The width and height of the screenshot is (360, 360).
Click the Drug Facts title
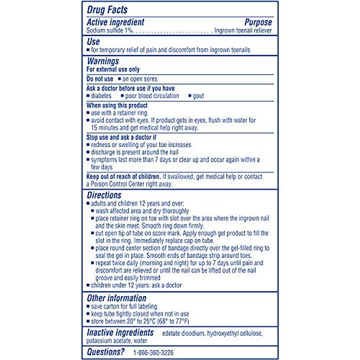[x=107, y=10]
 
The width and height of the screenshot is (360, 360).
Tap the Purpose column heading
[x=258, y=22]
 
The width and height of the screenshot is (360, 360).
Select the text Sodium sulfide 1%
[x=109, y=31]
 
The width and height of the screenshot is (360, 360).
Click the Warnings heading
[x=103, y=61]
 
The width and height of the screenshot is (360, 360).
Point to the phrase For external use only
[x=113, y=69]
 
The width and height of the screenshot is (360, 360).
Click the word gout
[x=198, y=96]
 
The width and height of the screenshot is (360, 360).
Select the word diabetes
[x=101, y=96]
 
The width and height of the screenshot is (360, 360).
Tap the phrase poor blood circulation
[x=152, y=96]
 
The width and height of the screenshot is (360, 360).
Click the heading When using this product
[x=117, y=105]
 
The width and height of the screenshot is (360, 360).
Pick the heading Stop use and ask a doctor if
[x=121, y=137]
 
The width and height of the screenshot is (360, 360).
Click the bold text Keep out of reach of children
[x=123, y=176]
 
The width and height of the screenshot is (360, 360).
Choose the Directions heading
[x=104, y=195]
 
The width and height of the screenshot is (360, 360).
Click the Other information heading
[x=116, y=298]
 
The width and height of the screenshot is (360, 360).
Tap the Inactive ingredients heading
[x=120, y=333]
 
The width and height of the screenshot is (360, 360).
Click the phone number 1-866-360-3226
[x=153, y=352]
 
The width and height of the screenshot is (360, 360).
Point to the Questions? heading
[x=106, y=352]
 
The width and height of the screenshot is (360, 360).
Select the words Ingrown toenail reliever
[x=243, y=31]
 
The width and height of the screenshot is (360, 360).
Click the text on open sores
[x=140, y=79]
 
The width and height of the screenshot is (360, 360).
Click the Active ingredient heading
[x=115, y=22]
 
